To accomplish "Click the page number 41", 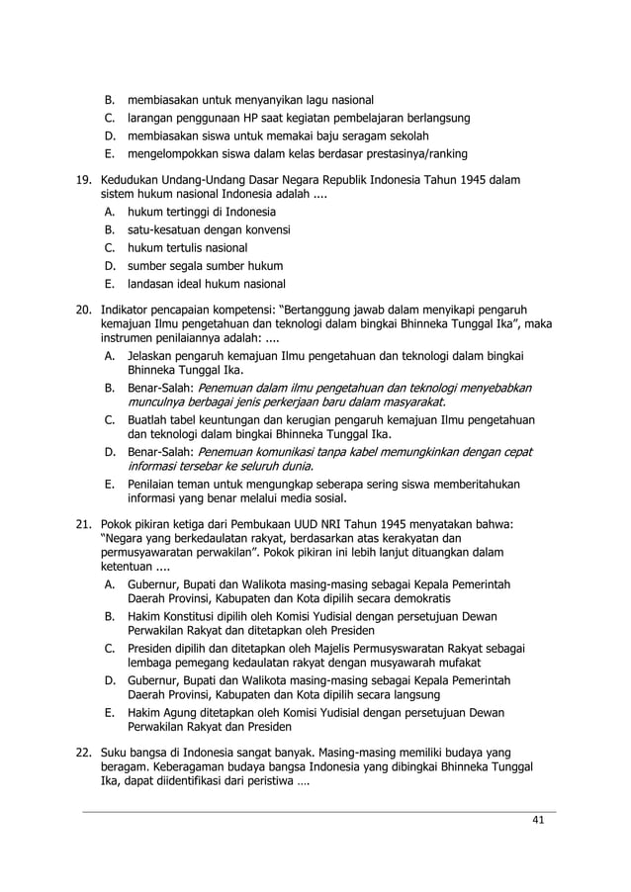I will [x=538, y=820].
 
